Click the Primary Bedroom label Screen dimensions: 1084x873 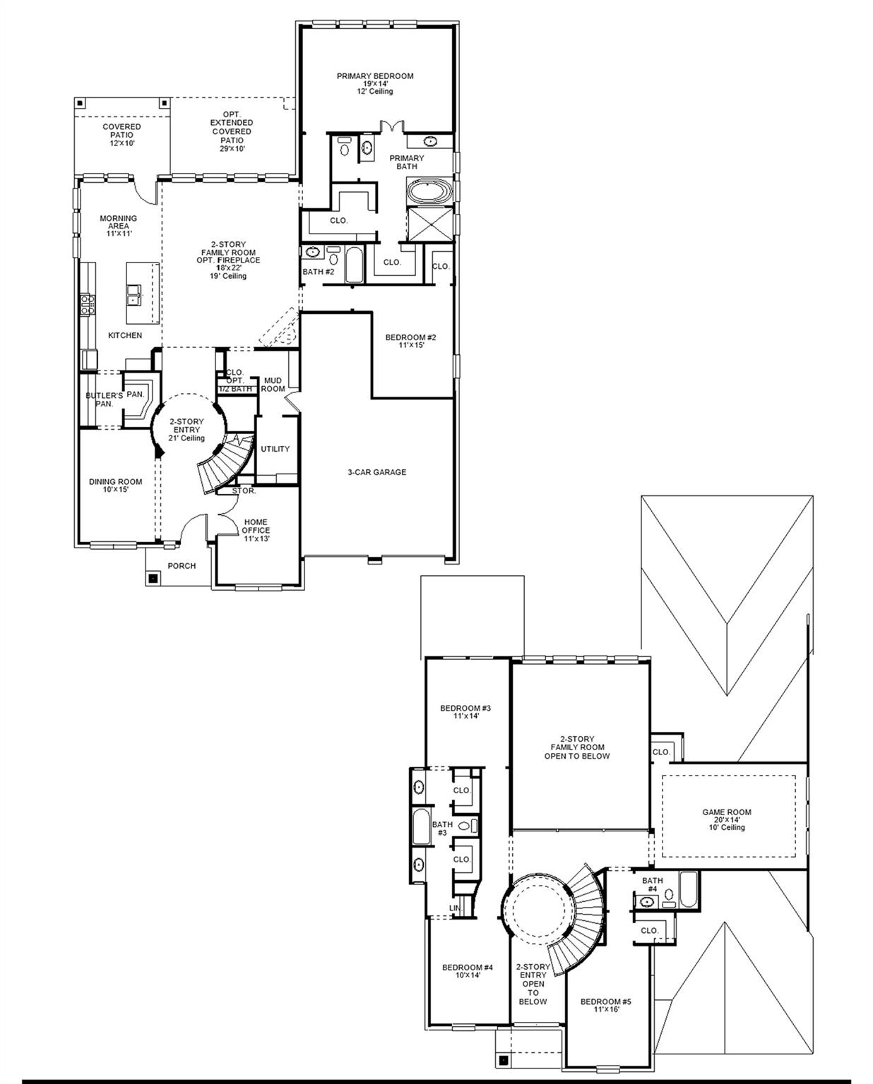374,83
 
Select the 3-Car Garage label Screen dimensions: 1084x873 376,472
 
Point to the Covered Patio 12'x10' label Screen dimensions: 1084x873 121,135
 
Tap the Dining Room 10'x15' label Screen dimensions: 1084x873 115,486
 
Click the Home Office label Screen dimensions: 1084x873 256,530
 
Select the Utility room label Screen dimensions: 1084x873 275,449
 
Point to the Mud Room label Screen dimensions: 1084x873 273,385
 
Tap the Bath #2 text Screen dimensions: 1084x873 318,272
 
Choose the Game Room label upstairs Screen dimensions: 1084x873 727,819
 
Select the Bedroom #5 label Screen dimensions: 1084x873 605,1005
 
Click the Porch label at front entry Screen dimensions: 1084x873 182,565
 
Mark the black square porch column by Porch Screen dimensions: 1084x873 153,578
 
